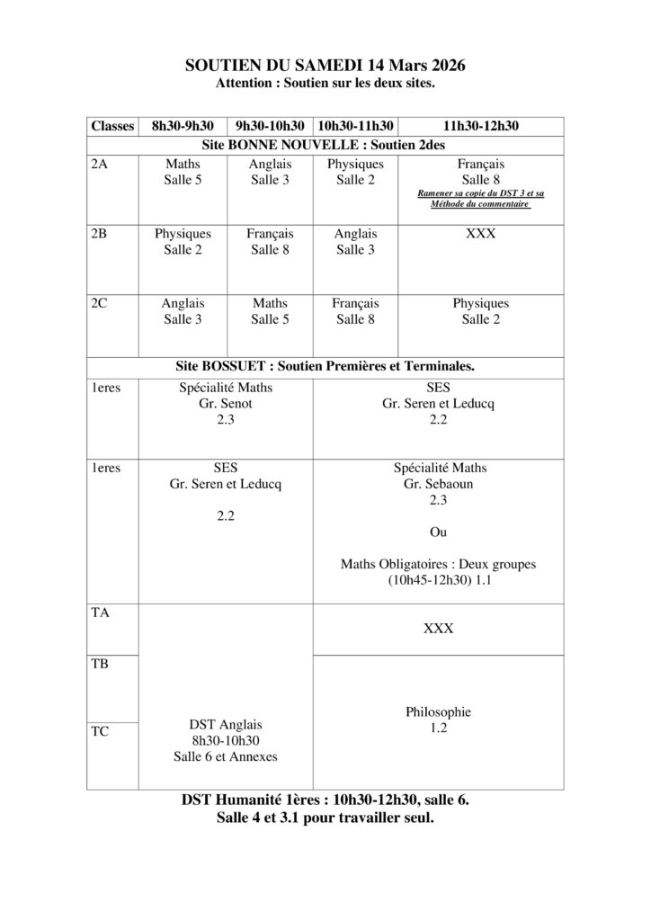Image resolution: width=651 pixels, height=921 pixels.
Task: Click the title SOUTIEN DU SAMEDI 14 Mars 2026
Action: point(325,66)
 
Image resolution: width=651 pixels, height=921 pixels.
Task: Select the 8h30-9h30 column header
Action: point(183,126)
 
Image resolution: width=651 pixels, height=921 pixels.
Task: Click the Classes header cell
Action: point(112,126)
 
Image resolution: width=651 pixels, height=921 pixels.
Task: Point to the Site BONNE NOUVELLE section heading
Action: point(325,143)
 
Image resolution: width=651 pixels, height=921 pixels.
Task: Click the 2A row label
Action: point(100,165)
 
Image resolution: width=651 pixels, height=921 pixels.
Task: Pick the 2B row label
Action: point(100,233)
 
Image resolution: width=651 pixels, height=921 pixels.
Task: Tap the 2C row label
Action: point(100,304)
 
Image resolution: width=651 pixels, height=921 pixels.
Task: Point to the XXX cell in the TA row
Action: point(438,629)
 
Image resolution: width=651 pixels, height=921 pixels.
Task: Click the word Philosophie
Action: point(438,711)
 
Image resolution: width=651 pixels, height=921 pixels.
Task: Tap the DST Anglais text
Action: point(225,724)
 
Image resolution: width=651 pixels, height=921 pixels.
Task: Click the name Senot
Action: point(234,404)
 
